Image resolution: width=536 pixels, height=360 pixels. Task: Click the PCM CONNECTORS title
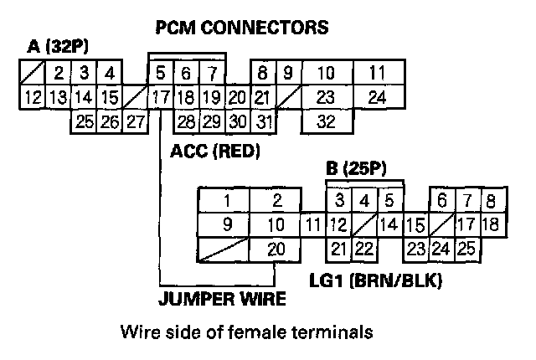242,28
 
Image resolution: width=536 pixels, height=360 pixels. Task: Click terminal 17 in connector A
159,97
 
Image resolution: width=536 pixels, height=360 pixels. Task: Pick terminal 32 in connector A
327,121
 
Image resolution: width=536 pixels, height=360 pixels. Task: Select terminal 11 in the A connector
378,73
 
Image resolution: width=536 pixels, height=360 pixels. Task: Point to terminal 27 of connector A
136,121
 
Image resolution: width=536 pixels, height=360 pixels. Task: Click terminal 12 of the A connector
33,97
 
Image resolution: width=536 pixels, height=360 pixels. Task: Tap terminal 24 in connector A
378,97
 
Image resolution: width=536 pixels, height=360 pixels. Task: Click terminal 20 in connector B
276,249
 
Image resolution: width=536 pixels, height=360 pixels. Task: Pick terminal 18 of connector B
492,224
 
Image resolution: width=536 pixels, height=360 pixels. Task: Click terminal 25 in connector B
466,249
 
